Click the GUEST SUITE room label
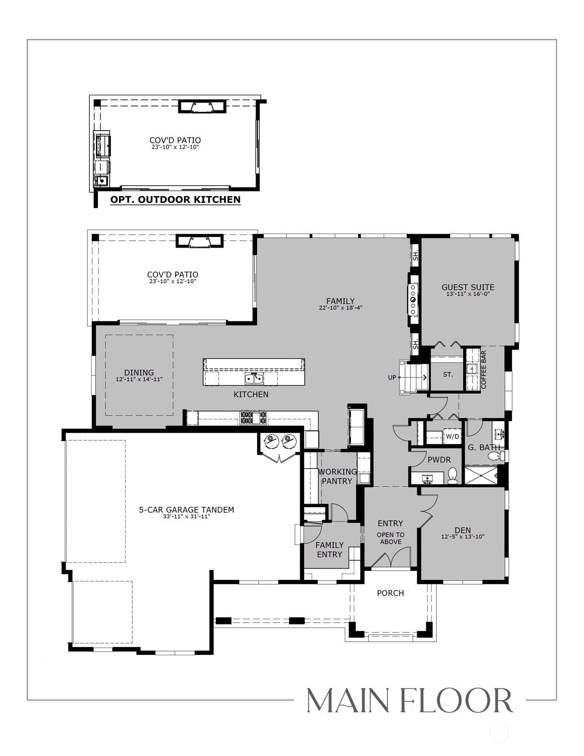(x=467, y=287)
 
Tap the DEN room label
(x=463, y=530)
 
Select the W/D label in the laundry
(x=452, y=436)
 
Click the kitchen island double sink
(x=254, y=378)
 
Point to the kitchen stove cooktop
(x=254, y=417)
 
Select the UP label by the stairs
(x=392, y=378)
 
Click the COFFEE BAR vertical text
(x=483, y=369)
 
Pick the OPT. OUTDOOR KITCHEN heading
(x=175, y=200)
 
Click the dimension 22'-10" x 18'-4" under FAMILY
(x=340, y=307)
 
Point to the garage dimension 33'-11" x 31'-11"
(x=187, y=517)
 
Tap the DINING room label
(x=139, y=373)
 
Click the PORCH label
(x=390, y=593)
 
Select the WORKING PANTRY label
(x=337, y=476)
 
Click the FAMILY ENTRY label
(x=329, y=550)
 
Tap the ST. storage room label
(x=448, y=375)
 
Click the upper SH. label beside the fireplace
(x=415, y=256)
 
